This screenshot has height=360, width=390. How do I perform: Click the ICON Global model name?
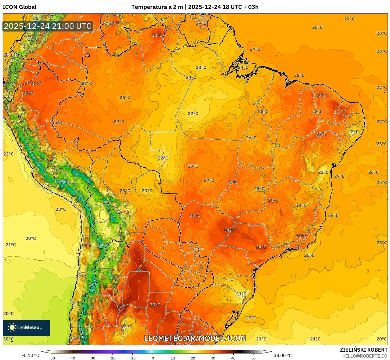19,7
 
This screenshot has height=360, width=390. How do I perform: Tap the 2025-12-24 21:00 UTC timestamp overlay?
48,26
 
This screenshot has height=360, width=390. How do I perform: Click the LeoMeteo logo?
26,327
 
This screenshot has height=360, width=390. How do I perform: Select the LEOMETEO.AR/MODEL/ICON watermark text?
195,338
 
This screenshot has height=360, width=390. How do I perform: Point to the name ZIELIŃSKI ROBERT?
363,350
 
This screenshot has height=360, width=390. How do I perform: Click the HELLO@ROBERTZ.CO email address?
365,356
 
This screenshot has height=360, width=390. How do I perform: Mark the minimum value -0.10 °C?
30,355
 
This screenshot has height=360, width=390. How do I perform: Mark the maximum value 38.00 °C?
283,355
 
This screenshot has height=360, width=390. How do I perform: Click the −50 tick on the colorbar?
51,358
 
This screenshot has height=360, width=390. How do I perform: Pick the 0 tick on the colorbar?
153,358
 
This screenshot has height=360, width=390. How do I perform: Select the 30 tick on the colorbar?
213,358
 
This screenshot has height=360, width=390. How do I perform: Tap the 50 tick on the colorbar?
254,358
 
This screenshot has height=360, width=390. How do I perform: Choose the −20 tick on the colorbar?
112,358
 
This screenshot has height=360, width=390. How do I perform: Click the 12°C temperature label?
33,39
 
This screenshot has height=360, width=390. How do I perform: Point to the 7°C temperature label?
107,203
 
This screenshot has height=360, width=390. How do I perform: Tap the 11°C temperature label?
103,245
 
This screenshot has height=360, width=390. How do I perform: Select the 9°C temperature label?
93,285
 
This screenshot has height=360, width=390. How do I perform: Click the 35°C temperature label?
155,305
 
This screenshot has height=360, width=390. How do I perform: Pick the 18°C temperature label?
8,339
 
